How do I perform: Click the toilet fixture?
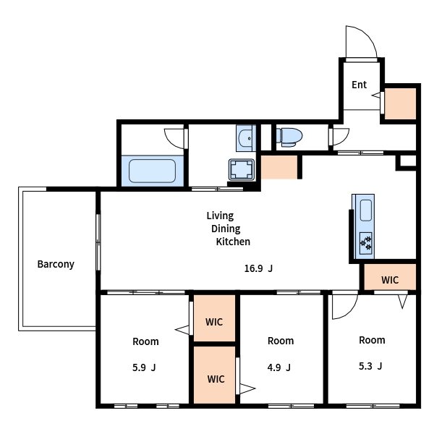(x=289, y=137)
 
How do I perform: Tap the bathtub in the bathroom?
(x=152, y=171)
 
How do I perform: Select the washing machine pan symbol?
(x=242, y=169)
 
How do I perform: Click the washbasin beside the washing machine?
(x=245, y=138)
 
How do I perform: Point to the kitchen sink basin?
(x=366, y=210)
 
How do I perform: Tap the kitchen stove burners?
(x=365, y=243)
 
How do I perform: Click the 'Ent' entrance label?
(x=359, y=85)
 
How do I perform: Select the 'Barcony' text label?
(x=56, y=264)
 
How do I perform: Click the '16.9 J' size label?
(x=258, y=268)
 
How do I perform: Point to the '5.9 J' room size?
(x=144, y=367)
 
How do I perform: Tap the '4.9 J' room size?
(x=279, y=367)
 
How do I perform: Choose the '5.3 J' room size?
(x=370, y=366)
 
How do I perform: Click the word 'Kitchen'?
(x=233, y=242)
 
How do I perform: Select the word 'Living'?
(x=220, y=216)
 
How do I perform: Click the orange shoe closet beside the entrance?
(x=400, y=103)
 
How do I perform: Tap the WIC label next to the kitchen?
(x=390, y=280)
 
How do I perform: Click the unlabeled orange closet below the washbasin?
(x=279, y=167)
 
